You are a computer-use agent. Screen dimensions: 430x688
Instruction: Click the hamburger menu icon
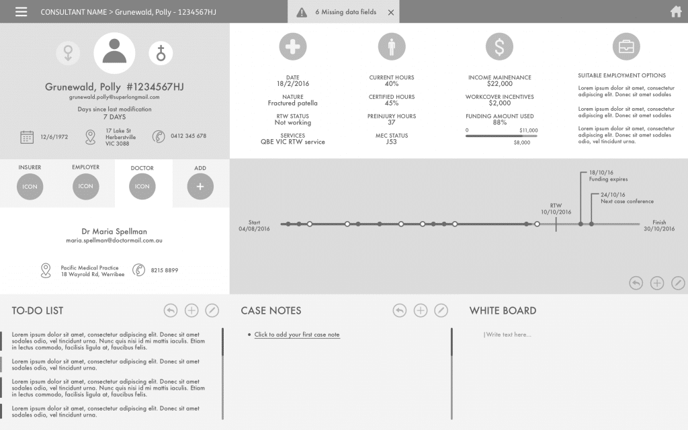[x=21, y=12]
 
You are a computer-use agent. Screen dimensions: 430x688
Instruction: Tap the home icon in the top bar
[x=676, y=11]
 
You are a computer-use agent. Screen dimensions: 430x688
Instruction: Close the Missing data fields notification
[x=391, y=12]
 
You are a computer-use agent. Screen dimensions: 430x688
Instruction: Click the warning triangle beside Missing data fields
[x=302, y=12]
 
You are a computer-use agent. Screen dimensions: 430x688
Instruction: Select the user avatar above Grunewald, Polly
[x=114, y=53]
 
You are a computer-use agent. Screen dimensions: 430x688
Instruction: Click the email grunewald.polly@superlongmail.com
[x=114, y=97]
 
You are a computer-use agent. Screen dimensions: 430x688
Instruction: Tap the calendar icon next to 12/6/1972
[x=27, y=137]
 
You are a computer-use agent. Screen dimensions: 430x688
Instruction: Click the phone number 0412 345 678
[x=188, y=136]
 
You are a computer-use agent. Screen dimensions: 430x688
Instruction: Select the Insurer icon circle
[x=30, y=186]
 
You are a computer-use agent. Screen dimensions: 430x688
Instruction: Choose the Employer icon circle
[x=86, y=186]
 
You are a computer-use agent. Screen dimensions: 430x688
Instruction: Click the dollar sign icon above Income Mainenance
[x=499, y=46]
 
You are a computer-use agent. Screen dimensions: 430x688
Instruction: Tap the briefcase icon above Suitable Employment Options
[x=626, y=46]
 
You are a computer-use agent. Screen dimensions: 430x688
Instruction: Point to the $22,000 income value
[x=499, y=84]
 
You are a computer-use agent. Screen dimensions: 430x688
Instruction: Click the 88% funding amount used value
[x=499, y=123]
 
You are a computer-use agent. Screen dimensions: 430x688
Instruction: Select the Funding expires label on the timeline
[x=608, y=179]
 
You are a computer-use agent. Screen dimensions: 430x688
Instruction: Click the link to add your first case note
[x=297, y=335]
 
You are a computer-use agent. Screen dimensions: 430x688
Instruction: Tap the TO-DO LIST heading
[x=38, y=310]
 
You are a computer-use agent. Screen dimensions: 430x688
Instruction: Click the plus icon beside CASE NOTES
[x=420, y=310]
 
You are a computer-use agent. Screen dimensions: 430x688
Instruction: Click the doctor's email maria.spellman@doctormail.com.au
[x=114, y=241]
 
